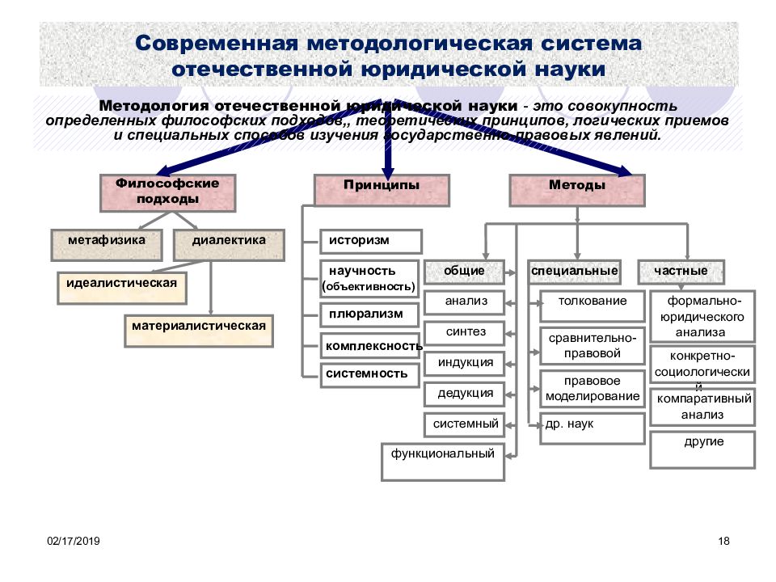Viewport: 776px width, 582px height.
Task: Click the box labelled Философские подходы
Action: (167, 192)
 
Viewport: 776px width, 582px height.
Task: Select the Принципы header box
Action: (382, 189)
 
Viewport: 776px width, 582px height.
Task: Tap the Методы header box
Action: (577, 189)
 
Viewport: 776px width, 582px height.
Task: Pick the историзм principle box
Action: (371, 241)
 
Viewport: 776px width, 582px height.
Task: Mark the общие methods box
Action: (464, 272)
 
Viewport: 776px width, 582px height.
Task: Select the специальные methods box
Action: (576, 272)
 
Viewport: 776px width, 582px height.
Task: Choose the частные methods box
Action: (681, 272)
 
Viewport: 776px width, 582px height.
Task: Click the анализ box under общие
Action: (465, 302)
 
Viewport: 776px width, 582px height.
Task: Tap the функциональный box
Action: (443, 462)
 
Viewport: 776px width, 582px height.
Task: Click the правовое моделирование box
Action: (593, 389)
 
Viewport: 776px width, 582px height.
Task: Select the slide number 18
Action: (723, 540)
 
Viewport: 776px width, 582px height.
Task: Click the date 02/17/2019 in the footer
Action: (73, 540)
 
